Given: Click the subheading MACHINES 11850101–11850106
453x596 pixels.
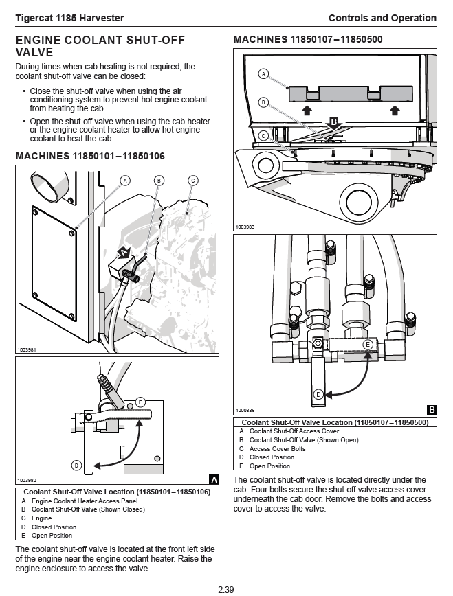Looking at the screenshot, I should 90,157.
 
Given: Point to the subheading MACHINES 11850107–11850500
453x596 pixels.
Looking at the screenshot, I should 308,40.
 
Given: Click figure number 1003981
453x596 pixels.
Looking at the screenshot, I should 26,350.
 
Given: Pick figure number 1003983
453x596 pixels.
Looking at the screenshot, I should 245,226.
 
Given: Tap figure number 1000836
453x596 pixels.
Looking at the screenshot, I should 245,410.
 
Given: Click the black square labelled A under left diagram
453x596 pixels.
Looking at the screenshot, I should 213,479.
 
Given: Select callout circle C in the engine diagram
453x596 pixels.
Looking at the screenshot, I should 193,181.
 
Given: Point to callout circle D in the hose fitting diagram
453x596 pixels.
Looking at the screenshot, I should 318,394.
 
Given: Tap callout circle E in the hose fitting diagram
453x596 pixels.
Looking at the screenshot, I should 368,343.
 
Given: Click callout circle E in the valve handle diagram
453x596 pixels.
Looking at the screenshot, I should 141,402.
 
